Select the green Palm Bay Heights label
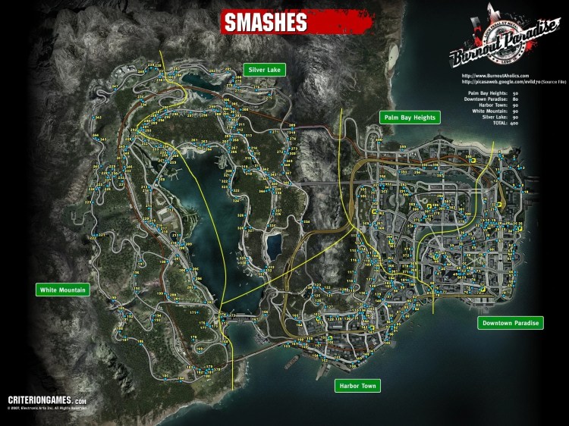(408, 117)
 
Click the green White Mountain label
(63, 290)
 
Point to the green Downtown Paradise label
(511, 324)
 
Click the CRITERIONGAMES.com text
(47, 399)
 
